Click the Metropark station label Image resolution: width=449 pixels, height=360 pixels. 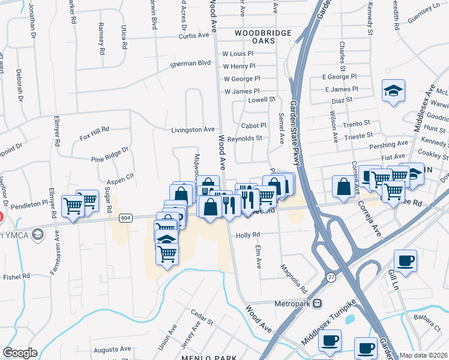[x=294, y=304]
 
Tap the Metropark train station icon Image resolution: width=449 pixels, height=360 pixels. [x=318, y=304]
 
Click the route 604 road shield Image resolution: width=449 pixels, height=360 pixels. [x=125, y=218]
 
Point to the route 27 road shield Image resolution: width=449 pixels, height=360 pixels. [x=331, y=275]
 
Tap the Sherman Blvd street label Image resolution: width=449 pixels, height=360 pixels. [x=191, y=63]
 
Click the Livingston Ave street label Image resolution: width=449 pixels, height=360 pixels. [x=193, y=130]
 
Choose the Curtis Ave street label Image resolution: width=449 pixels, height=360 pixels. [x=194, y=36]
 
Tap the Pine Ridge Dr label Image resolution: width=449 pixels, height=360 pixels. [x=110, y=155]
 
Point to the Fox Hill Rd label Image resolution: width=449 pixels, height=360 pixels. [x=94, y=133]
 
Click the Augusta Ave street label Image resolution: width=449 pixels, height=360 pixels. [x=111, y=349]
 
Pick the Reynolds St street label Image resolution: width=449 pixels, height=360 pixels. [x=245, y=138]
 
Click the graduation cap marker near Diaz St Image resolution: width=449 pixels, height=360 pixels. [x=394, y=91]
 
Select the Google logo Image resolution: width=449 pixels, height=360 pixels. [x=20, y=353]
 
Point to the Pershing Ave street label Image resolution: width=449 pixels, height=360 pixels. [x=390, y=145]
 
